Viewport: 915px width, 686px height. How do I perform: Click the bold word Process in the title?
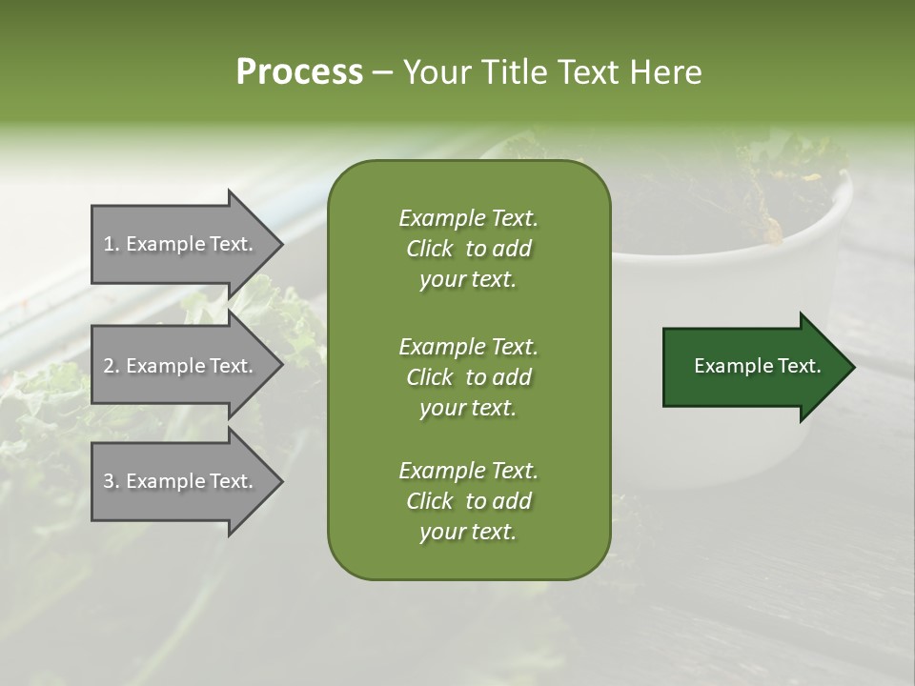(x=299, y=72)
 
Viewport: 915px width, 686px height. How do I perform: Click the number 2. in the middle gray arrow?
(x=112, y=366)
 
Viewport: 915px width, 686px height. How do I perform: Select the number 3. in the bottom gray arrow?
(x=112, y=481)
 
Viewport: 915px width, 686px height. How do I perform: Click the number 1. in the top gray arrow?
(x=111, y=244)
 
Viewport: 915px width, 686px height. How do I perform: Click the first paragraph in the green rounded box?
(x=468, y=249)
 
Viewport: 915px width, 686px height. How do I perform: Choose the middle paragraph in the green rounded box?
(x=468, y=377)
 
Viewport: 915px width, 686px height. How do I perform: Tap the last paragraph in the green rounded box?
(x=468, y=501)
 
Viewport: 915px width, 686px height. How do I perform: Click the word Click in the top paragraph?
(x=429, y=249)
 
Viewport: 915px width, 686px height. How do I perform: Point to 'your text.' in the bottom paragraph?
(x=468, y=533)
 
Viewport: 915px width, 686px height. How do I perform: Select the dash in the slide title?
(x=382, y=72)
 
